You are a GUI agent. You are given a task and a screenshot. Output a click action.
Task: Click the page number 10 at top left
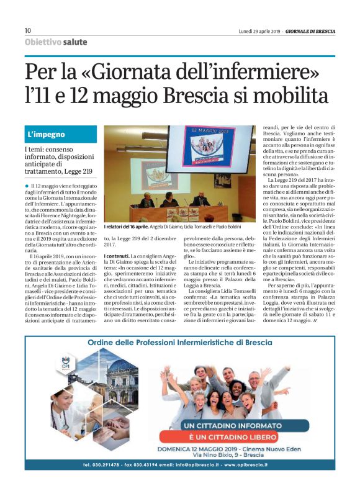28,30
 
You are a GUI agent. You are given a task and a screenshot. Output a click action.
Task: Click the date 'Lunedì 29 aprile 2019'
259,31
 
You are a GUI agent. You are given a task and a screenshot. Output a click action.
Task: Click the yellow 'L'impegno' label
46,134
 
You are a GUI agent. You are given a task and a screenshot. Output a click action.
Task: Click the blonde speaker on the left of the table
146,201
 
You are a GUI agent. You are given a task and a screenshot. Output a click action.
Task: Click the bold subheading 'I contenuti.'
117,256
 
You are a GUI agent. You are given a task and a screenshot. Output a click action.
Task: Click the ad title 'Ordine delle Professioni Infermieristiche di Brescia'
179,343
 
